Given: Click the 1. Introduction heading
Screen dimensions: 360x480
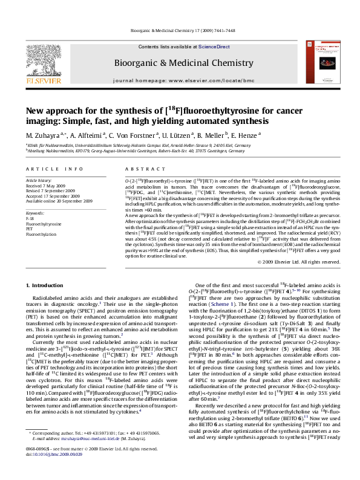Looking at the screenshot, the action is [45, 284].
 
